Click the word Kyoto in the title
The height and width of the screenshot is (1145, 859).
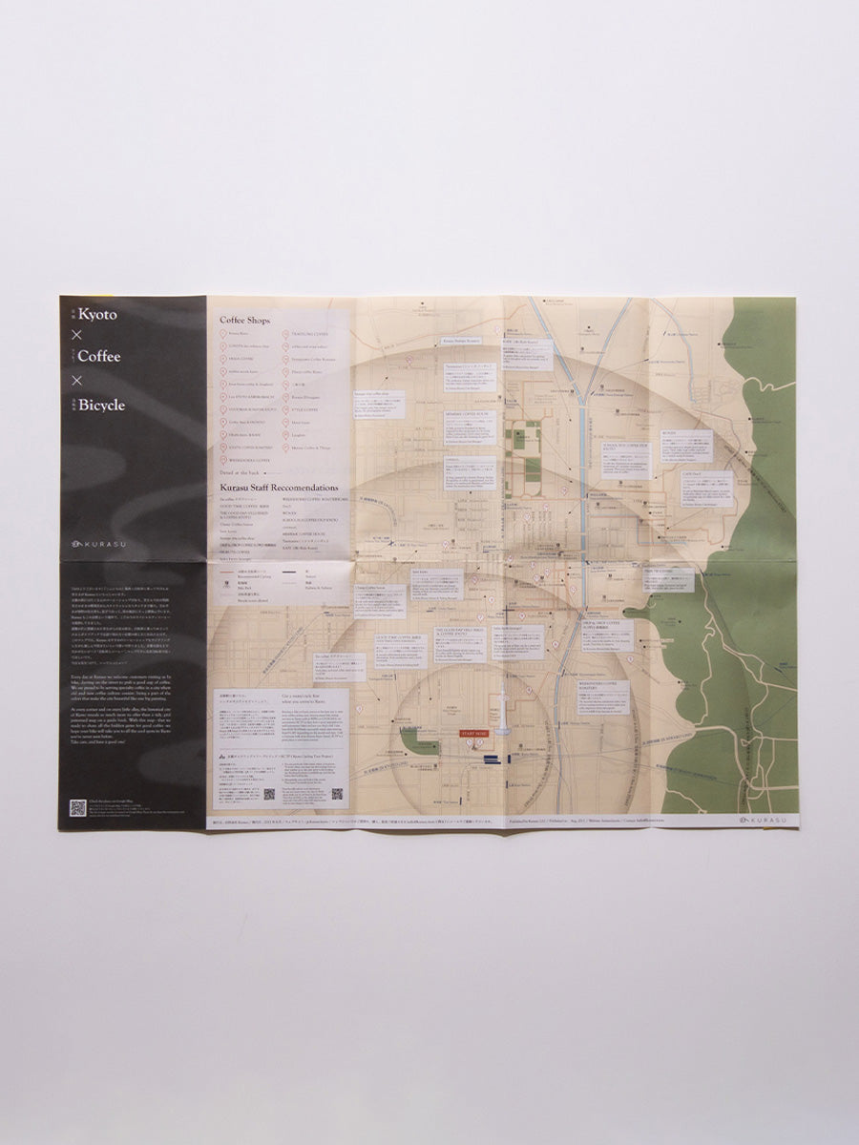98,314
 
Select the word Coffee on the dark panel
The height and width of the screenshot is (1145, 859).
99,357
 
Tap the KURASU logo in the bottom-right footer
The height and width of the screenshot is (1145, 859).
765,820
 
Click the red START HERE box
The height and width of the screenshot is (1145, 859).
473,733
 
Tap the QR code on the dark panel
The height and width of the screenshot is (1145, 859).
77,807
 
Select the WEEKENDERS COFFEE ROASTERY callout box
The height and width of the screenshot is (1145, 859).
602,697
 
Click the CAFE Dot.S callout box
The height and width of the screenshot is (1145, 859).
706,488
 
